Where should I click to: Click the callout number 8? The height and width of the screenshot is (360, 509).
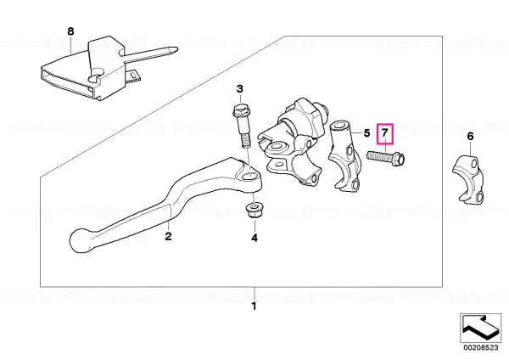tap(70, 31)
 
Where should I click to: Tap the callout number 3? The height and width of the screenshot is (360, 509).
tap(239, 88)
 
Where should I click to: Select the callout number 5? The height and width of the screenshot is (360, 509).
tap(366, 133)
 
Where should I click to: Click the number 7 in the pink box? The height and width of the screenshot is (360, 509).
tap(384, 133)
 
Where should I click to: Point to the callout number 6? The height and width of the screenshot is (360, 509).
tap(470, 136)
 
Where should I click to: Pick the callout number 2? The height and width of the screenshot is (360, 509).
tap(168, 236)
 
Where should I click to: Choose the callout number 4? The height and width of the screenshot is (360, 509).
tap(255, 238)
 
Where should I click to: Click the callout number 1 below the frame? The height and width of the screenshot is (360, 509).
tap(255, 306)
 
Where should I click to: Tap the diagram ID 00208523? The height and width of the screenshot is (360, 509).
tap(481, 347)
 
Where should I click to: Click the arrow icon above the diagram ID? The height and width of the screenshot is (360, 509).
tap(480, 328)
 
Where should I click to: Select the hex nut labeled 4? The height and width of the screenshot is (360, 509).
tap(254, 211)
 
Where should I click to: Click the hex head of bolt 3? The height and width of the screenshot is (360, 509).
tap(241, 111)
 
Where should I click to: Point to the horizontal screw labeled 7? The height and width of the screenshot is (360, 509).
tap(386, 158)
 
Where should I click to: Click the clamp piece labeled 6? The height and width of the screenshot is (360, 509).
tap(468, 180)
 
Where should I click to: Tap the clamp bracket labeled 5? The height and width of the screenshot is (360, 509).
tap(344, 156)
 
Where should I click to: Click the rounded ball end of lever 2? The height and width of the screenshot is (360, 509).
tap(80, 241)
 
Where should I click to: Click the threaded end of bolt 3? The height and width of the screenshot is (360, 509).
tap(245, 141)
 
